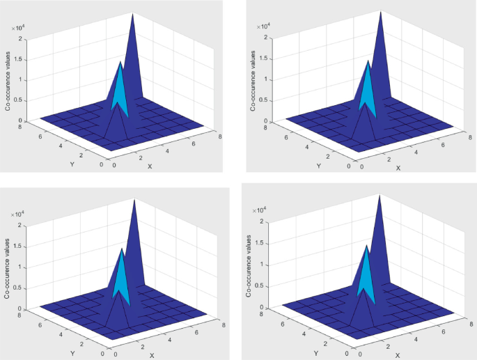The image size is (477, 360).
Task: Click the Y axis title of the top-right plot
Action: [319, 166]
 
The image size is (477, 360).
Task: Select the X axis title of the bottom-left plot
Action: [151, 355]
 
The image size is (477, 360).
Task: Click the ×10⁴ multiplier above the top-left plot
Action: [19, 27]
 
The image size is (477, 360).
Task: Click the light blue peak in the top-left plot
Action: [120, 87]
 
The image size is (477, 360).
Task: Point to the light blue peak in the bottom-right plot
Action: [366, 272]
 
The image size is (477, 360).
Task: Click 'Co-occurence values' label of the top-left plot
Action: [8, 78]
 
